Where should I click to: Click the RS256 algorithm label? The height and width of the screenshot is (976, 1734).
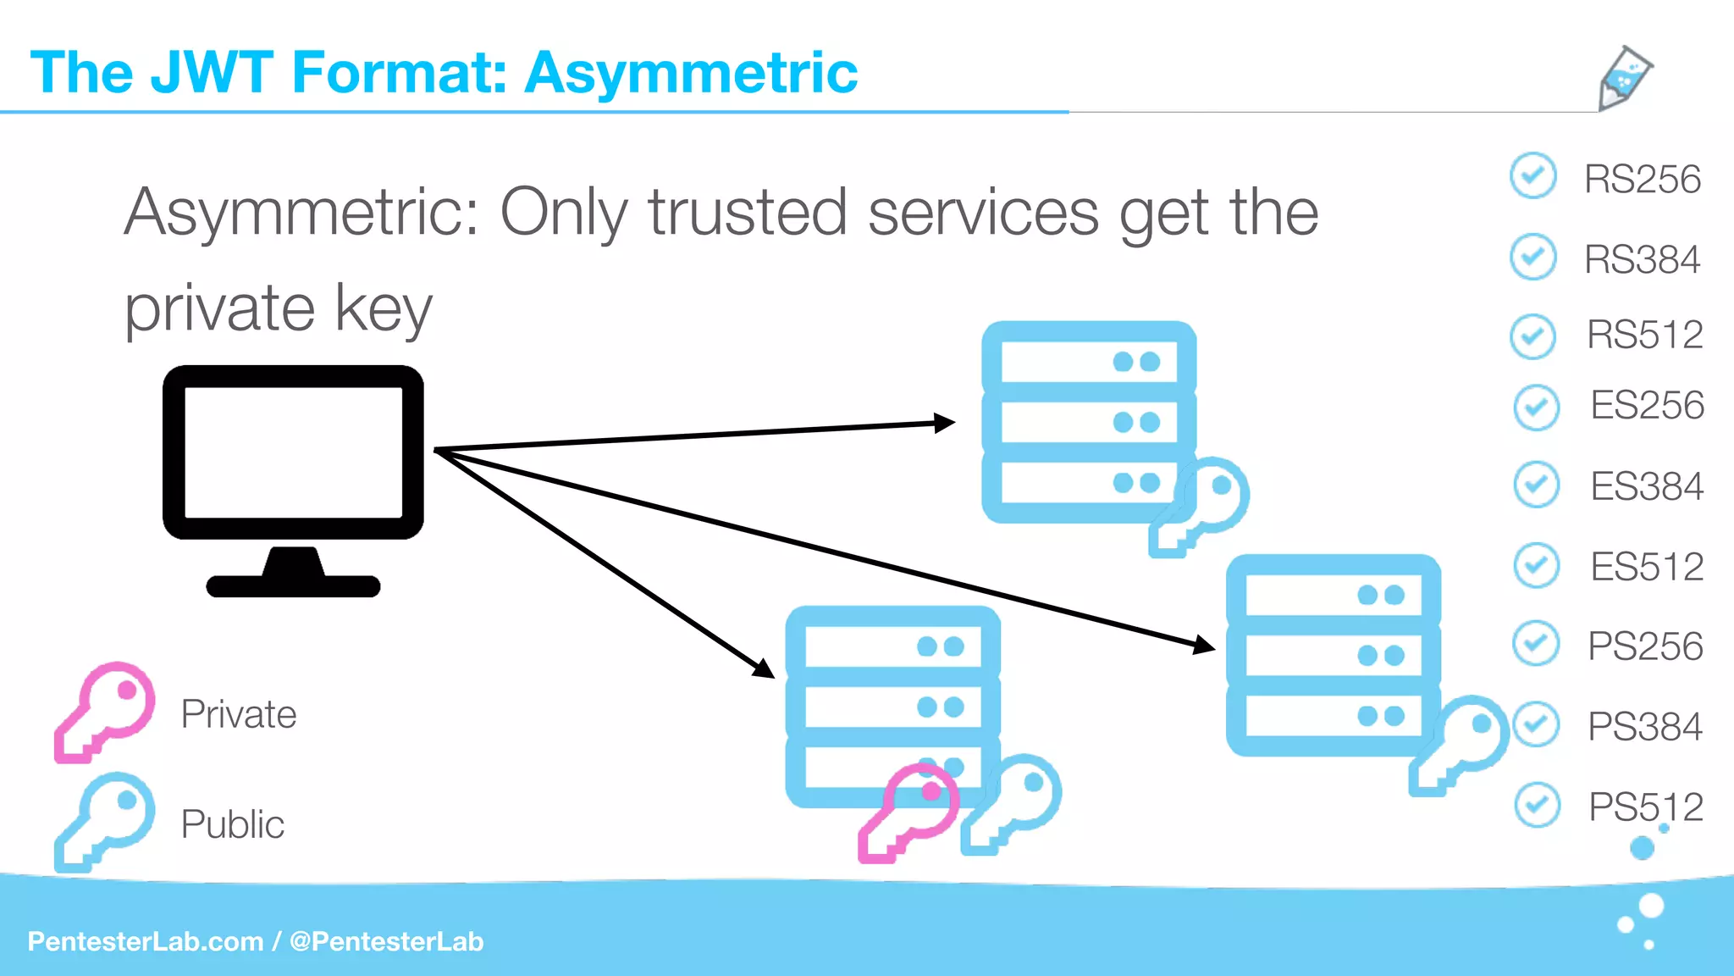(x=1642, y=180)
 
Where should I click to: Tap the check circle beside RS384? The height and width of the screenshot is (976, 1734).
(x=1532, y=257)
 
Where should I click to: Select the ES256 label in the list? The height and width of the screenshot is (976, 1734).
(x=1647, y=405)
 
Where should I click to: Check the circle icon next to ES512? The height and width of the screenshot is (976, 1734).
(x=1536, y=565)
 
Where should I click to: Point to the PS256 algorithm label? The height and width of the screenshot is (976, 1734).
(x=1645, y=646)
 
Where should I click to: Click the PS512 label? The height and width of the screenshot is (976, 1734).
(x=1645, y=807)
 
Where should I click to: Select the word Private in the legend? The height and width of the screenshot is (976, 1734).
(x=239, y=714)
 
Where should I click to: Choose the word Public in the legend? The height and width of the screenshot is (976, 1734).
(x=233, y=824)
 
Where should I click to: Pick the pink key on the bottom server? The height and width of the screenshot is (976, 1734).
(x=908, y=812)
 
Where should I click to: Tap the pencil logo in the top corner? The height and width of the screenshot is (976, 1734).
(x=1624, y=78)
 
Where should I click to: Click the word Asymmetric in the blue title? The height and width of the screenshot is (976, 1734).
(x=691, y=73)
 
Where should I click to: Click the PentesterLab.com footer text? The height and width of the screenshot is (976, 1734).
(x=146, y=941)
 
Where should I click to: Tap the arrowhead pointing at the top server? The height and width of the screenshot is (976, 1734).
(x=945, y=423)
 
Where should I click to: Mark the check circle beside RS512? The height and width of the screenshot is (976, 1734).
(x=1532, y=335)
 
